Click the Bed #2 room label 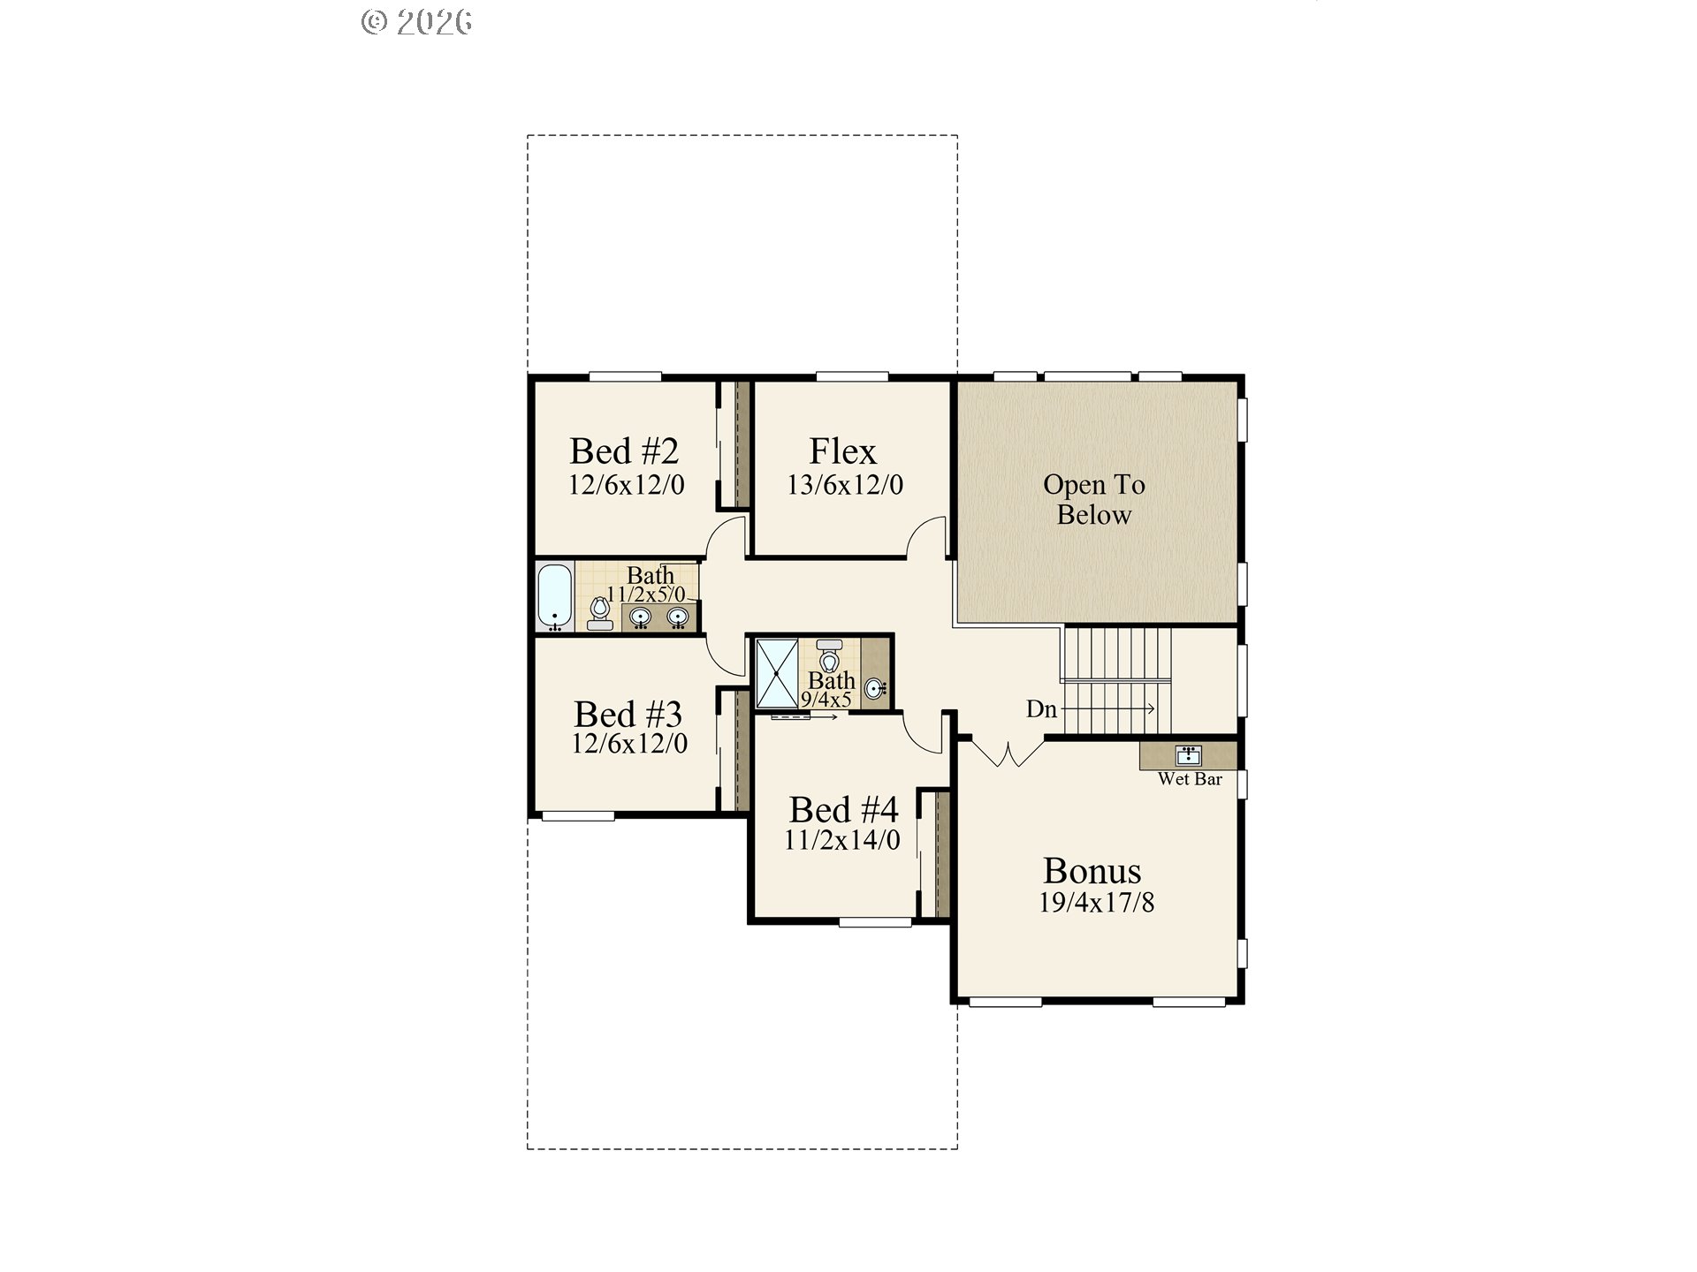click(x=624, y=451)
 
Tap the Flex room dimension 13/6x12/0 click(x=845, y=485)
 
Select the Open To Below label click(x=1093, y=499)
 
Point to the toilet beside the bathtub click(x=600, y=611)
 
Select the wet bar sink click(x=1188, y=755)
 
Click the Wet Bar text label click(x=1190, y=779)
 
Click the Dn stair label click(x=1041, y=709)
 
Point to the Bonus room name click(x=1092, y=871)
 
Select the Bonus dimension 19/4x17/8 click(x=1096, y=903)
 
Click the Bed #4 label click(x=843, y=809)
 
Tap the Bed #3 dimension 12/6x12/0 click(x=629, y=744)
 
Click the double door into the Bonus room click(x=1008, y=753)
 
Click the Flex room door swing click(x=928, y=537)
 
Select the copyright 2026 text click(x=417, y=21)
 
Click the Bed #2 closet click(x=734, y=444)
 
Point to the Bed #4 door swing click(x=925, y=733)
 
